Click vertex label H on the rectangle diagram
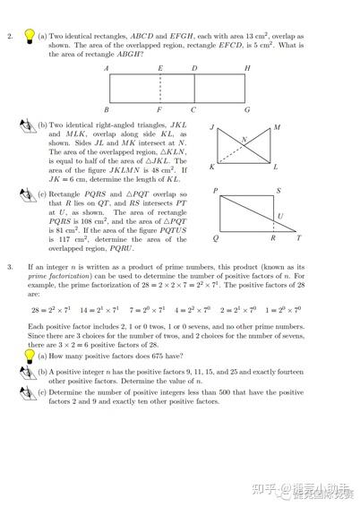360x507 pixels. (x=246, y=69)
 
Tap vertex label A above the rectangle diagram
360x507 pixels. (x=107, y=69)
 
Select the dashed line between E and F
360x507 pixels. (x=160, y=88)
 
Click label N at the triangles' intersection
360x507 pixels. (x=244, y=140)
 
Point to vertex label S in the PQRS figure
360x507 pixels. (x=279, y=191)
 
